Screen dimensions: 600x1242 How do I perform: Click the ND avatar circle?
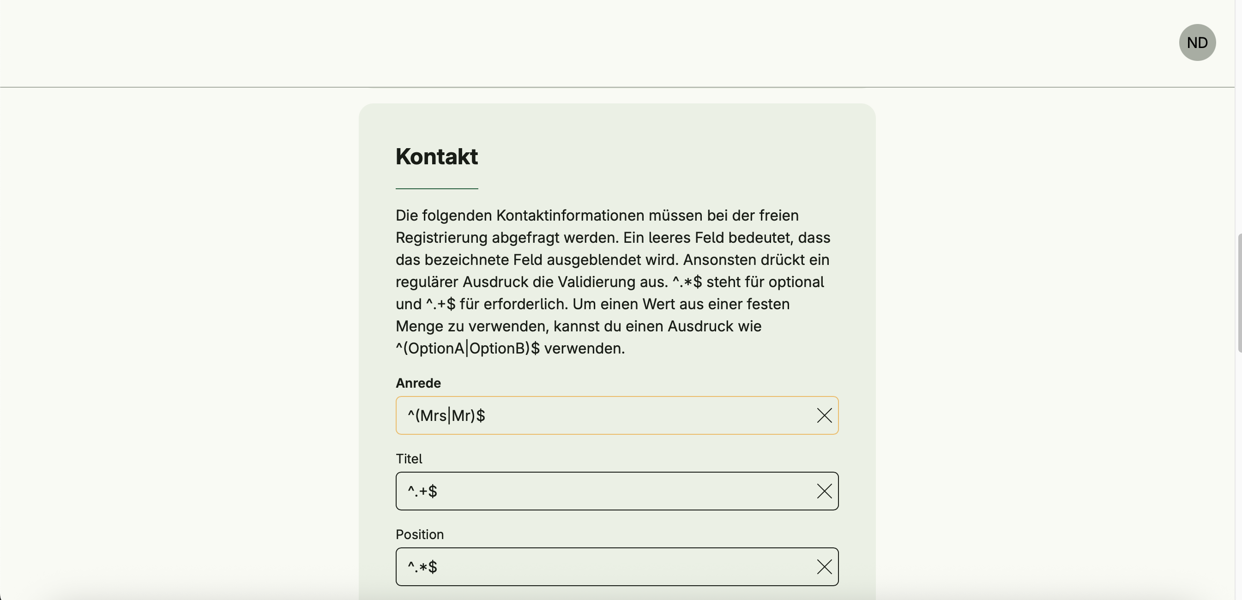1197,42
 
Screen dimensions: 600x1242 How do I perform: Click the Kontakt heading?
436,156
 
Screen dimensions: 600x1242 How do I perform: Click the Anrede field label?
418,383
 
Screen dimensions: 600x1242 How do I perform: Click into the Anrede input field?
603,415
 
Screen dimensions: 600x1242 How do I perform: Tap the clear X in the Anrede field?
824,415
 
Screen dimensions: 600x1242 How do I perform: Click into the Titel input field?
603,491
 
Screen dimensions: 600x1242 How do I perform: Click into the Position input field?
603,567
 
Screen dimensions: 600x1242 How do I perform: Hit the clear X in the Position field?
824,567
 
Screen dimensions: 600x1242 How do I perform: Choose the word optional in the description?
796,282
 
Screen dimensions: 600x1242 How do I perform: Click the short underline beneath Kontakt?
436,188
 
